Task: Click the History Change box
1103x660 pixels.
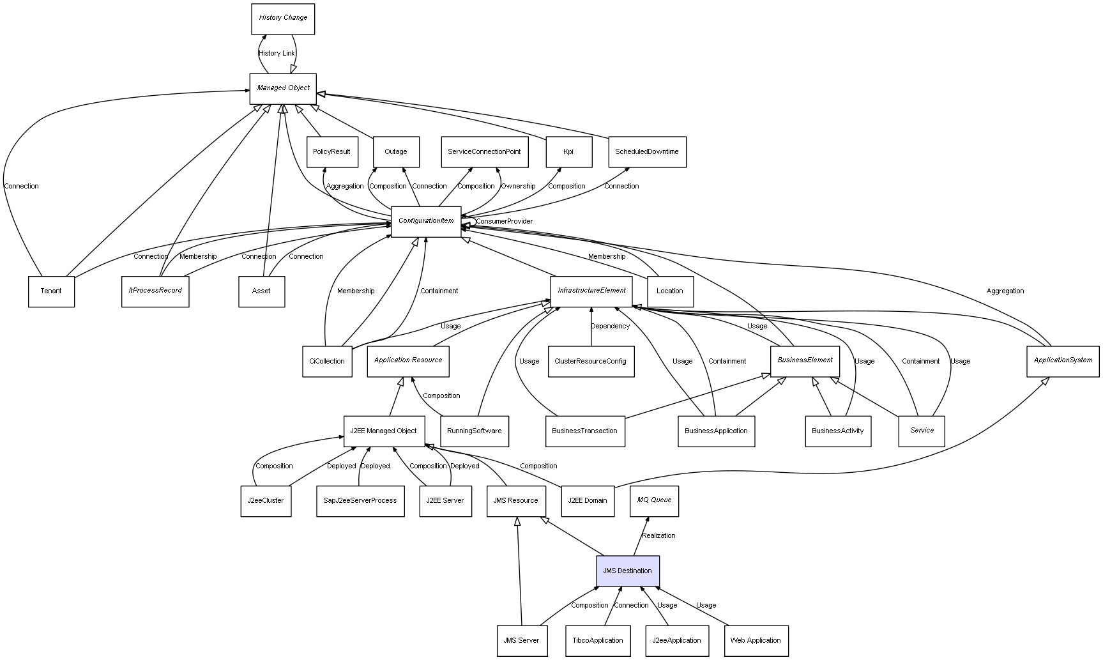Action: coord(283,19)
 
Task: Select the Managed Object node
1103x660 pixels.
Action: coord(283,89)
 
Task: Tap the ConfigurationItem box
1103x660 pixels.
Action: coord(426,222)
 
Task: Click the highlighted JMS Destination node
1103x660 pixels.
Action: coord(628,571)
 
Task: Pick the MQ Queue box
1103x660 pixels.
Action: coord(654,501)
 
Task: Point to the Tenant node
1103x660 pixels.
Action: coord(51,291)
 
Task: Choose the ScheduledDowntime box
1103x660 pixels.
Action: coord(647,152)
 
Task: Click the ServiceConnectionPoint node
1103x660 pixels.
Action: coord(484,152)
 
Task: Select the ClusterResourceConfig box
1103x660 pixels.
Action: coord(591,362)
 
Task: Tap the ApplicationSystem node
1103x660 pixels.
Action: coord(1063,361)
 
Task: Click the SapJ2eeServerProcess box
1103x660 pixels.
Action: coord(360,501)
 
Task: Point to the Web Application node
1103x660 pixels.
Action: coord(756,641)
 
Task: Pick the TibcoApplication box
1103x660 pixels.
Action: coord(598,641)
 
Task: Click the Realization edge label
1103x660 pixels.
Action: coord(658,536)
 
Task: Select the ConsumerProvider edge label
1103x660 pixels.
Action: coord(504,222)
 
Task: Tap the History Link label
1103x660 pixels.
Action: coord(277,54)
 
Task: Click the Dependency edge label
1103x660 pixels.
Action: coord(610,326)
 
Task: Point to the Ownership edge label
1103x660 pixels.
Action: coord(518,187)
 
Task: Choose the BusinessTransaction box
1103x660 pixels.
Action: coord(585,431)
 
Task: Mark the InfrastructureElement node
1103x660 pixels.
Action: coord(591,291)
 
